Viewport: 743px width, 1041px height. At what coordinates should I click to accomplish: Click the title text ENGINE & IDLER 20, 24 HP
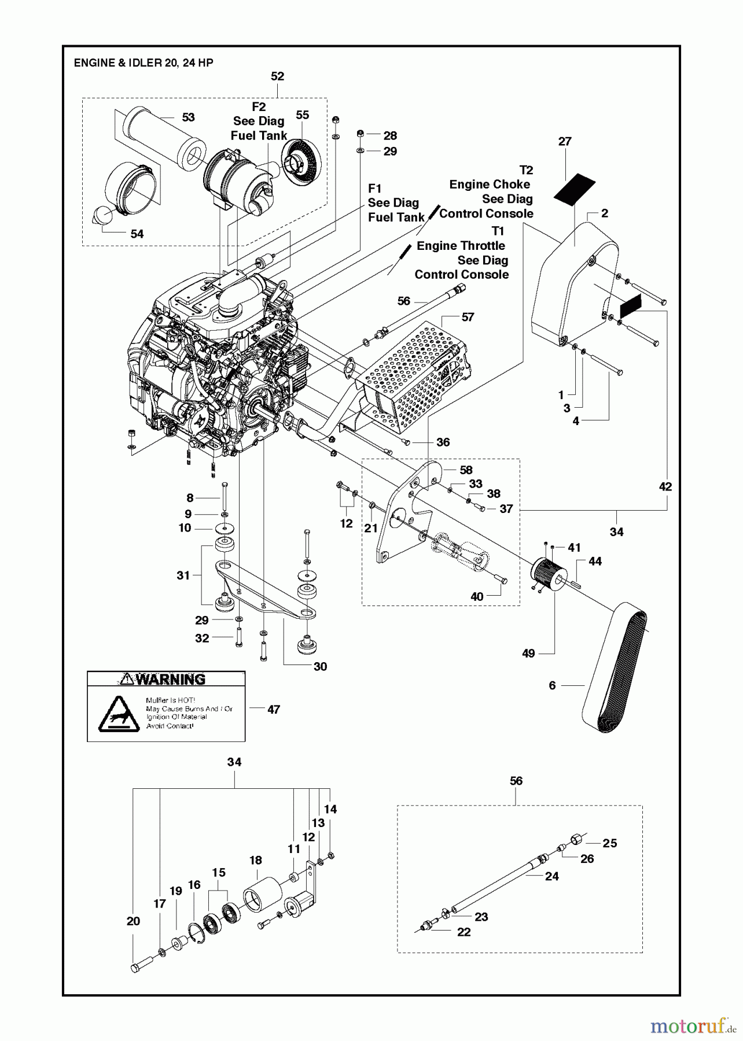pyautogui.click(x=144, y=63)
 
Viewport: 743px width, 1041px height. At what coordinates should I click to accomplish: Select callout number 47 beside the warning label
pyautogui.click(x=273, y=709)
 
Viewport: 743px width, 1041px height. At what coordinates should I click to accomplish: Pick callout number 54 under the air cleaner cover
pyautogui.click(x=137, y=234)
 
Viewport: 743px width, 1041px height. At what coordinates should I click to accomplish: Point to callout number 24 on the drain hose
pyautogui.click(x=551, y=876)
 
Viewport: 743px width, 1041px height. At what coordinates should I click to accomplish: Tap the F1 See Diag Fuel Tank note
pyautogui.click(x=393, y=203)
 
